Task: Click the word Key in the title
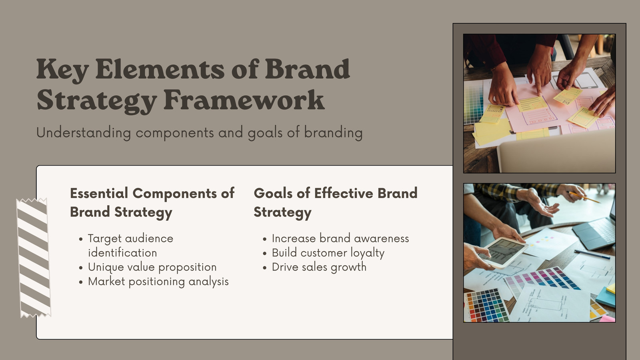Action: click(62, 70)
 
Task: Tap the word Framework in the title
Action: click(244, 100)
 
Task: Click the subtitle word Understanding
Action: click(84, 133)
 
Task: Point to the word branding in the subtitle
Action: click(333, 133)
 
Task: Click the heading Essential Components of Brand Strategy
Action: click(152, 203)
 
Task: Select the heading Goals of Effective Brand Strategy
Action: click(336, 203)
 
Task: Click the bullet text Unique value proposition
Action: click(152, 268)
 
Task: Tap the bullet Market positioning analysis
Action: click(158, 282)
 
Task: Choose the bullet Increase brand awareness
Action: click(340, 238)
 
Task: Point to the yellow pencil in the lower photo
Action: click(584, 198)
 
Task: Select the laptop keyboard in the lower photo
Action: click(603, 232)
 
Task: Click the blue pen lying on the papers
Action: click(592, 254)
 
